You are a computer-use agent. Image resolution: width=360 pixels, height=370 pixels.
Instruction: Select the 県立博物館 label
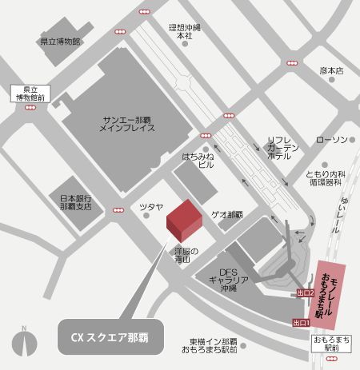61,40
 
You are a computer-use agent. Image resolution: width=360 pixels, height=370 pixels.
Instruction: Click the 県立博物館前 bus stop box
29,93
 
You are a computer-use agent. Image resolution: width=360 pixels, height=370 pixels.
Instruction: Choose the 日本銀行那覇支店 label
77,201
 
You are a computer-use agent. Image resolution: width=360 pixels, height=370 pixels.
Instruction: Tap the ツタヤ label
151,206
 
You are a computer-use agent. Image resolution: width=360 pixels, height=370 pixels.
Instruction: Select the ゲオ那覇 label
226,215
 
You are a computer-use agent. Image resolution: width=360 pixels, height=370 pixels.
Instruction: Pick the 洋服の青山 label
186,256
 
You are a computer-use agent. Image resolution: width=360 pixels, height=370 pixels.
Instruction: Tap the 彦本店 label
330,70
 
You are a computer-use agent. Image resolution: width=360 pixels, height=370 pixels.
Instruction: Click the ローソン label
331,140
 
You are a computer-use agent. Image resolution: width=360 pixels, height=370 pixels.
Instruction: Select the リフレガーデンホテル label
283,148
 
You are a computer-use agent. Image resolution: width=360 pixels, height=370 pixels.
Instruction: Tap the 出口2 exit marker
302,293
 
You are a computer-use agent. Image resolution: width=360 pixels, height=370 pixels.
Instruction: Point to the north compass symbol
25,344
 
